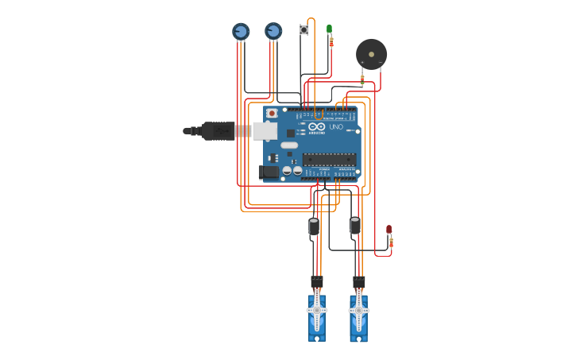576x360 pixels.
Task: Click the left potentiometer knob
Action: tap(241, 31)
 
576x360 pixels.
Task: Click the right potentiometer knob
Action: tap(273, 31)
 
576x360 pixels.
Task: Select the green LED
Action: tap(329, 29)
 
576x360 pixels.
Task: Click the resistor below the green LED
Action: tap(331, 42)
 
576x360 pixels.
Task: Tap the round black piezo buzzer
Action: tap(371, 54)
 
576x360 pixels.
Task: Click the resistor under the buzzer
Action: tap(362, 79)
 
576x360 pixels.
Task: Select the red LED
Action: tap(389, 229)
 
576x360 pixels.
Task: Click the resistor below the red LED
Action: tap(390, 242)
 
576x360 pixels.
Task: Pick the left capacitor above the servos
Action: tap(314, 226)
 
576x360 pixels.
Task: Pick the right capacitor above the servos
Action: tap(355, 226)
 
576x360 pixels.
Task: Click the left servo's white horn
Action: tap(316, 310)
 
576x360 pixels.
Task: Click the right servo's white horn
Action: tap(358, 310)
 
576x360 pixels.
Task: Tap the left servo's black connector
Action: tap(317, 281)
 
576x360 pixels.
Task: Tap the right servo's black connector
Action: tap(359, 281)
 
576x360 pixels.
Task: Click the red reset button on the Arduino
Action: tap(272, 113)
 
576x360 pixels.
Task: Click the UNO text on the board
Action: tap(335, 126)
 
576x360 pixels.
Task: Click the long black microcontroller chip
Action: tap(328, 159)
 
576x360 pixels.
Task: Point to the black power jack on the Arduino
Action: tap(268, 172)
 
